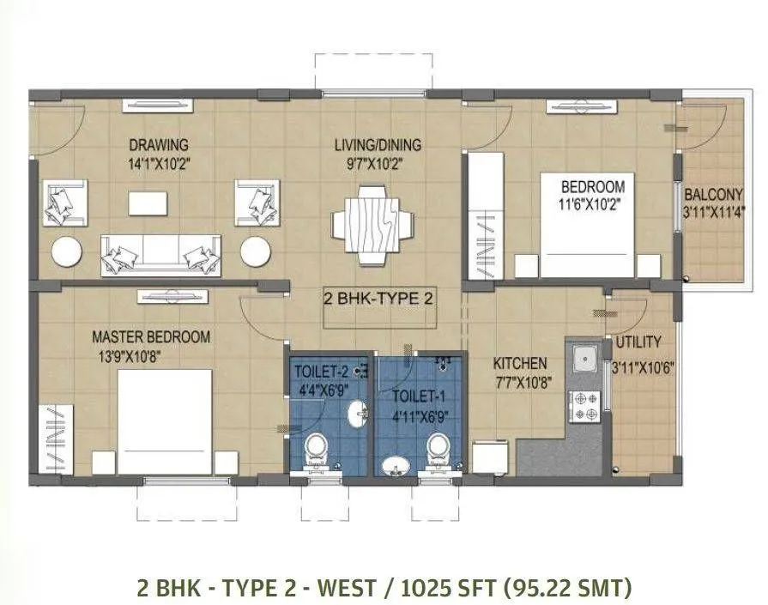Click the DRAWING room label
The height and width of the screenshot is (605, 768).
158,144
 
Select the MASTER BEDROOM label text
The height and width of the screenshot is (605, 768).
151,337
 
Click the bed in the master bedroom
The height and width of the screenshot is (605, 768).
164,420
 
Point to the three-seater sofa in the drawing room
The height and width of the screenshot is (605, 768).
160,255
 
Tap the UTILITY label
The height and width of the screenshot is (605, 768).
638,342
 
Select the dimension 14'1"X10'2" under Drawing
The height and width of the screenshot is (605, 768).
158,161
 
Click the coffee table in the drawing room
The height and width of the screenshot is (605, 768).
148,203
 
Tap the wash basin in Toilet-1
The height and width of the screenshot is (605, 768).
395,466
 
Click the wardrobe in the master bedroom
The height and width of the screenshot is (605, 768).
54,438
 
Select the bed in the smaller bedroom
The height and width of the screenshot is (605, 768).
588,225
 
